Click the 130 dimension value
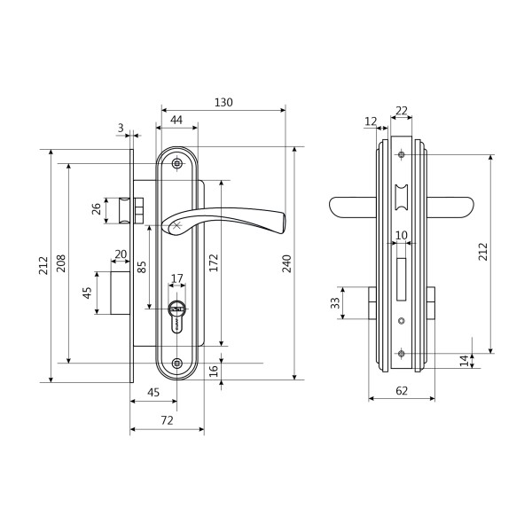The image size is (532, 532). (223, 102)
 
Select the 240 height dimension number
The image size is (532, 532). (287, 263)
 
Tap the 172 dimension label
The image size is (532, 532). (214, 262)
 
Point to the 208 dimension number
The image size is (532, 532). (60, 263)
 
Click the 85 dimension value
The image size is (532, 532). (142, 267)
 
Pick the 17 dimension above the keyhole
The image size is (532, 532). (176, 278)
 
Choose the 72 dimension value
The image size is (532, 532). (167, 420)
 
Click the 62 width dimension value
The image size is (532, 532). (402, 390)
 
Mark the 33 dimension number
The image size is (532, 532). (335, 302)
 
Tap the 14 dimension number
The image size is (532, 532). (464, 361)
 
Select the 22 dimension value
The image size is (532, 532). (402, 111)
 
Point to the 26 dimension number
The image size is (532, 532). (97, 208)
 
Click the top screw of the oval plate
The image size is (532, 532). (176, 164)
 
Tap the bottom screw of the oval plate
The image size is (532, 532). (176, 364)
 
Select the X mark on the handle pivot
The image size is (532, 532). (176, 225)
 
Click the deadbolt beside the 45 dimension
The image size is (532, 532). (120, 293)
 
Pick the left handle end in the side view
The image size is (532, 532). (353, 207)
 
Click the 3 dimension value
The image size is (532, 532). (121, 128)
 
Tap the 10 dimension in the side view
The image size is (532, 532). (402, 235)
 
